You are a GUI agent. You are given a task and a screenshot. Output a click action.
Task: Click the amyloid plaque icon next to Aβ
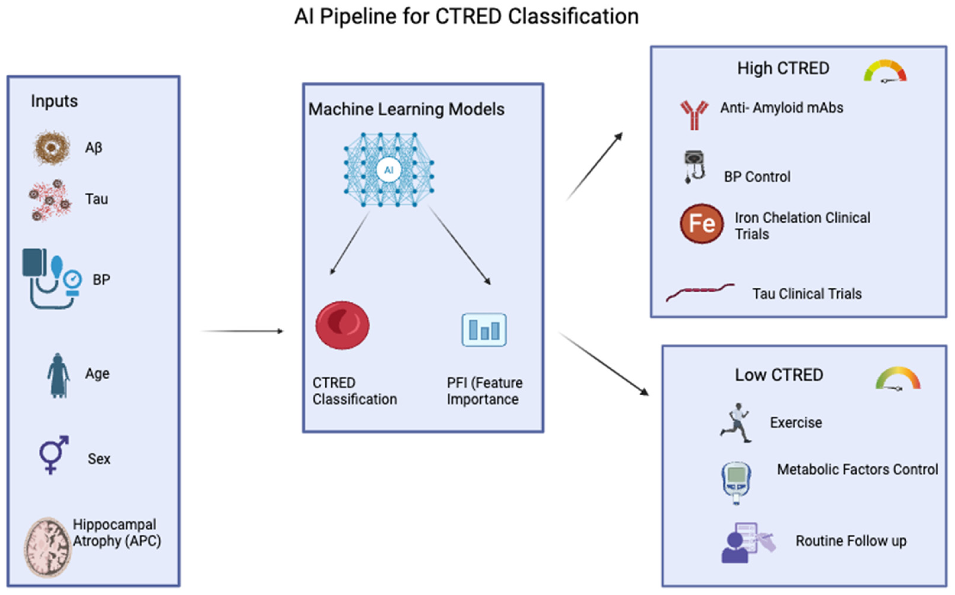(52, 148)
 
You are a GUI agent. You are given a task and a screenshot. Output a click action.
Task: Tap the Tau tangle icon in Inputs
(50, 200)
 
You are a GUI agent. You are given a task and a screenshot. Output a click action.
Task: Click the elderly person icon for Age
(58, 376)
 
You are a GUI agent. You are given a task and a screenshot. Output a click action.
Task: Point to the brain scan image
(48, 547)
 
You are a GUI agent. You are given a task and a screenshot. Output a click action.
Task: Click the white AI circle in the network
(389, 170)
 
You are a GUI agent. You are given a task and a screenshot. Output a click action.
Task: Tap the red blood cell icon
(342, 325)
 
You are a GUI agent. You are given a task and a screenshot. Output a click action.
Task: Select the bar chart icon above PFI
(484, 330)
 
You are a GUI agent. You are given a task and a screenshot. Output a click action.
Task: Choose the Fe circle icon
(702, 224)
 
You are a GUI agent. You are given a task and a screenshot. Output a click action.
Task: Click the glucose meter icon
(736, 483)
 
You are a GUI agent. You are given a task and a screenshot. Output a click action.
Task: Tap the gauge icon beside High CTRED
(885, 71)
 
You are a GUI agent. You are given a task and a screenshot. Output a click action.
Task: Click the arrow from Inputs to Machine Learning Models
(242, 331)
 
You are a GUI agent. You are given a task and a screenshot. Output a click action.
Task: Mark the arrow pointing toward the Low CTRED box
(604, 364)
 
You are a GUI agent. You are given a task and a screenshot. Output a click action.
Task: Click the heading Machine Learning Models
(406, 109)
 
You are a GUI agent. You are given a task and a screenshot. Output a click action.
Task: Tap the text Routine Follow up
(851, 541)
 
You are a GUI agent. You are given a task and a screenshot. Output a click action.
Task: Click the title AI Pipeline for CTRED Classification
(466, 17)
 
